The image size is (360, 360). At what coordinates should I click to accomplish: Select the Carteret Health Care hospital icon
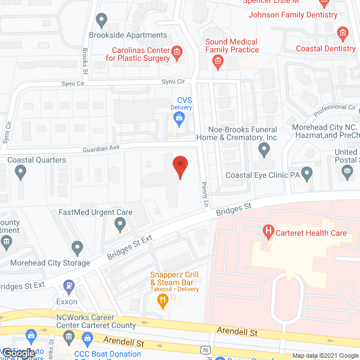[x=268, y=231]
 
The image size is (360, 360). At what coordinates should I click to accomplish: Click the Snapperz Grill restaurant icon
[x=163, y=300]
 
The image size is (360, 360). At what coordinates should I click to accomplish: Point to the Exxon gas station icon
[x=69, y=286]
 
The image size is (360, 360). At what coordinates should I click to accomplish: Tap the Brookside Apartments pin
[x=102, y=21]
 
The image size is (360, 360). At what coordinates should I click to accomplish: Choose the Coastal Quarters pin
[x=21, y=172]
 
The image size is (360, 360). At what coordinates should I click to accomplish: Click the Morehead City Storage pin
[x=77, y=247]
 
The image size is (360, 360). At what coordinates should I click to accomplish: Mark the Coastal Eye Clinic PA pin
[x=307, y=172]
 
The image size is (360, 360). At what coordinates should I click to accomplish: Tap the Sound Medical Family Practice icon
[x=218, y=64]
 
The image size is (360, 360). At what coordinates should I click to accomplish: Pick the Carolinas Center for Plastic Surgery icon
[x=177, y=53]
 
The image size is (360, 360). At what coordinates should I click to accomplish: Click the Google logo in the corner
[x=18, y=353]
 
